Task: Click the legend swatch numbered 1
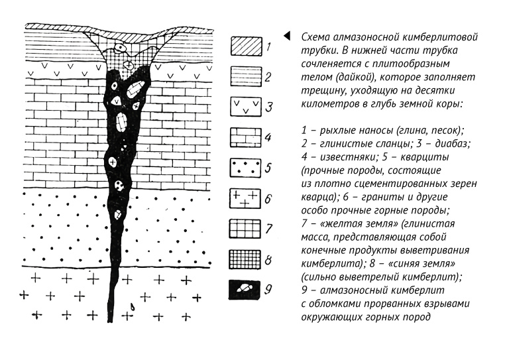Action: click(246, 47)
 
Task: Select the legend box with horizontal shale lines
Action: click(246, 77)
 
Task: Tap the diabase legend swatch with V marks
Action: click(246, 107)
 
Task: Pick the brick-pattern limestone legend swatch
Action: click(246, 137)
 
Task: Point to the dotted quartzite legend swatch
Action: click(245, 168)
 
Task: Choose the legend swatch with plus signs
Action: click(245, 199)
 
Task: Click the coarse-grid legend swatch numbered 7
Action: click(245, 229)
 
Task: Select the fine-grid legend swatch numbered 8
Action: click(245, 259)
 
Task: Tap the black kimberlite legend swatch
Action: click(245, 290)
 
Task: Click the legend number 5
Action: click(268, 168)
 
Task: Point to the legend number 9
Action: click(268, 289)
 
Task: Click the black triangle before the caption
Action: click(287, 36)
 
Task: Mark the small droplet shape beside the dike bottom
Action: click(133, 306)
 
